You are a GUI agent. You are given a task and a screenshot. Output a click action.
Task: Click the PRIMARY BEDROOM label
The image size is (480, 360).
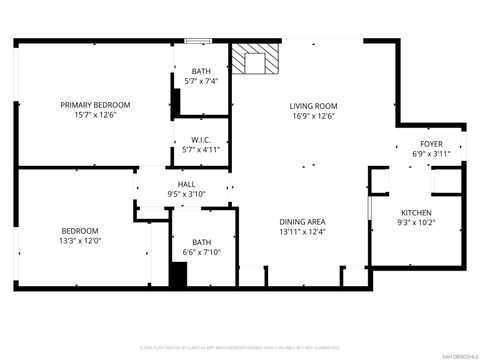pos(95,105)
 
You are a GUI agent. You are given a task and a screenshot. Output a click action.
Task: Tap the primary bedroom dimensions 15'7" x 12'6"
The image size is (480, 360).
pos(95,115)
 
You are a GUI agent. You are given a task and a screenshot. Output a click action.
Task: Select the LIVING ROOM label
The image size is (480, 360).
pos(313,106)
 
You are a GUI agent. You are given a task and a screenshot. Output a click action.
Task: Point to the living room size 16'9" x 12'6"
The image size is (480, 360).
pos(313,116)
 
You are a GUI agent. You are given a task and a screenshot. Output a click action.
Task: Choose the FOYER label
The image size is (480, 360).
pos(431,144)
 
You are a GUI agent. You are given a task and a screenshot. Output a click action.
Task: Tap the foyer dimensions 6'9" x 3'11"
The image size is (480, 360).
pos(431,154)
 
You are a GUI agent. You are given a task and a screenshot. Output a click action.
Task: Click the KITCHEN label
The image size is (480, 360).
pos(417,213)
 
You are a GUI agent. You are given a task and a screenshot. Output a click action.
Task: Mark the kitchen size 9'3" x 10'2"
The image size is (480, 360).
pos(417,223)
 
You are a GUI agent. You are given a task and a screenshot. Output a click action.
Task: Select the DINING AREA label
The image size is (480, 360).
pos(302,222)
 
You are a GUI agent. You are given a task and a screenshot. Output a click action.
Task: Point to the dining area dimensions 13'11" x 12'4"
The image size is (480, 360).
pos(302,232)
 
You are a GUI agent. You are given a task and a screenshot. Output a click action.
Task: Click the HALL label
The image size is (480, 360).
pos(186,184)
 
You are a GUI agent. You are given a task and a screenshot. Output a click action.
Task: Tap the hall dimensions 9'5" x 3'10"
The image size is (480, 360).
pos(186,194)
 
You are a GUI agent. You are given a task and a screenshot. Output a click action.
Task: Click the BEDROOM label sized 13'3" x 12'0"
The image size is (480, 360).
pos(80,231)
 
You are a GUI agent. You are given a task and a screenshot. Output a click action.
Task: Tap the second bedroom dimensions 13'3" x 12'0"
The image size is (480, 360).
pos(80,241)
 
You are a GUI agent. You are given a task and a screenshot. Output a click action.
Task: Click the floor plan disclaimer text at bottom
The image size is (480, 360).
pos(240,346)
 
